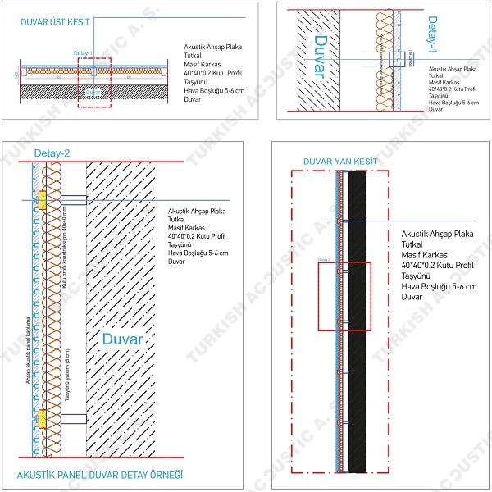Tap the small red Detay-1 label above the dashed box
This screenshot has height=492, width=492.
tap(84, 53)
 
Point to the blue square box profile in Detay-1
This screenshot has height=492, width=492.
tap(395, 58)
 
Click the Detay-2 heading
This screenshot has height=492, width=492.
tap(52, 153)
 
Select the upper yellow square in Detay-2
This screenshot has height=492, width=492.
tap(41, 199)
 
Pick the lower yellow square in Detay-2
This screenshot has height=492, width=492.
tap(41, 417)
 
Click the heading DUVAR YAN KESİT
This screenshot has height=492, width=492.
tap(340, 162)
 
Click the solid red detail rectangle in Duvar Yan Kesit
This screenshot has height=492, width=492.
tap(344, 296)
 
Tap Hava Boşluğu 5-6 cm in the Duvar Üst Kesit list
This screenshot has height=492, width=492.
tap(216, 90)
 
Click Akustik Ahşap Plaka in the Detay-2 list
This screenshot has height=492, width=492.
tap(197, 212)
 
